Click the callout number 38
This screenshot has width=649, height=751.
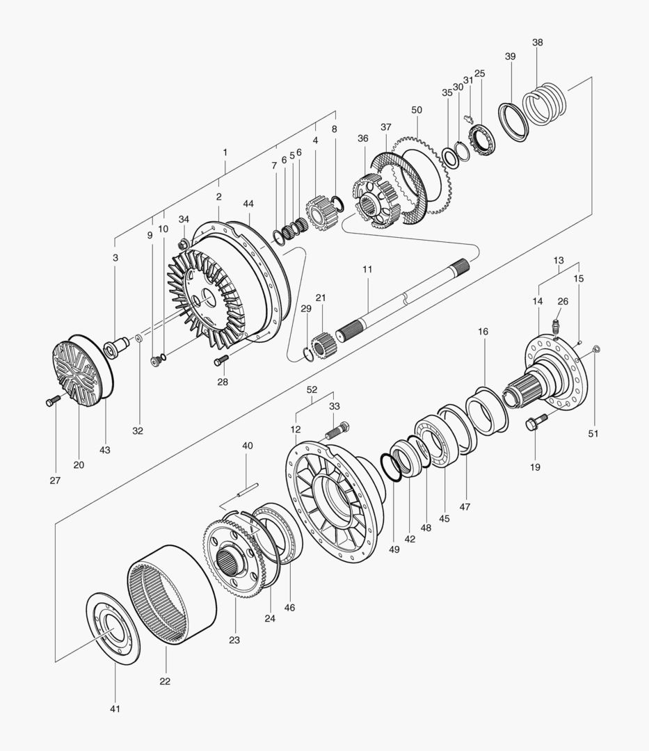pyautogui.click(x=538, y=42)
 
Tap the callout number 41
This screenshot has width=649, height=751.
pyautogui.click(x=115, y=709)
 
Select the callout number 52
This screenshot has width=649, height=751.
pyautogui.click(x=312, y=390)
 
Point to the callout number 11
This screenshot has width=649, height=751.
pyautogui.click(x=367, y=268)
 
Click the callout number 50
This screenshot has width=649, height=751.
pyautogui.click(x=417, y=111)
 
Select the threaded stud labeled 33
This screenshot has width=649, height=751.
pyautogui.click(x=338, y=430)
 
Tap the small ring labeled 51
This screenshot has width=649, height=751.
pyautogui.click(x=595, y=348)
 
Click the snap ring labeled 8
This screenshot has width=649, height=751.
pyautogui.click(x=339, y=203)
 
